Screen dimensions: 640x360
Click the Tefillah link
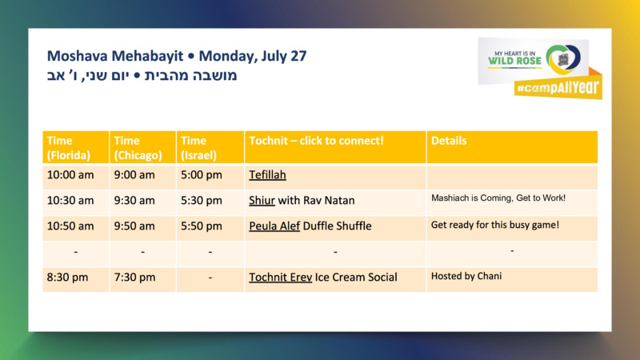click(x=267, y=175)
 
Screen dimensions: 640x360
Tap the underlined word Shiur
click(x=262, y=201)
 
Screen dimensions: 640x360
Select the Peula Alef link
click(x=274, y=226)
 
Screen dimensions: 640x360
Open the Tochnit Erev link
click(x=281, y=278)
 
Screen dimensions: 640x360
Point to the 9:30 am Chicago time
click(x=134, y=201)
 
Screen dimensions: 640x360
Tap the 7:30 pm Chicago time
click(x=134, y=278)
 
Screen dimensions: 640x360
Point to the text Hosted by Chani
click(x=466, y=276)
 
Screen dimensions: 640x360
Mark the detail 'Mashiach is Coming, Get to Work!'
click(x=498, y=198)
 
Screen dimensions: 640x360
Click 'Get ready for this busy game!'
click(x=495, y=225)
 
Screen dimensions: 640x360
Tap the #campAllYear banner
click(x=558, y=88)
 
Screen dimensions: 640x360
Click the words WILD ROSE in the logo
click(x=514, y=62)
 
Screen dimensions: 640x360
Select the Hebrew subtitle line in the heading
click(x=142, y=76)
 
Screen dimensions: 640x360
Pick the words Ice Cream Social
click(x=356, y=278)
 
